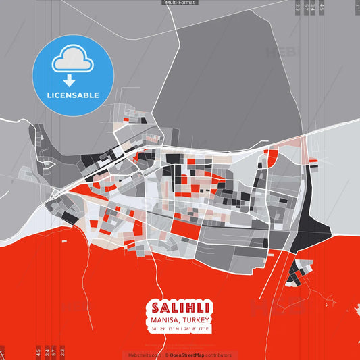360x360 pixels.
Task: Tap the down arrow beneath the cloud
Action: [x=72, y=80]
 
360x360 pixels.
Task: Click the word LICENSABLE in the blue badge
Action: [x=73, y=95]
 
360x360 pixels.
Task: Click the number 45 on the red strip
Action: [x=38, y=351]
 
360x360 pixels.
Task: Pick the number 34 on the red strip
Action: [x=47, y=351]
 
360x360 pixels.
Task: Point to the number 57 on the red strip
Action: [x=55, y=351]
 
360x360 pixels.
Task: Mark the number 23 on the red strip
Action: [x=62, y=351]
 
